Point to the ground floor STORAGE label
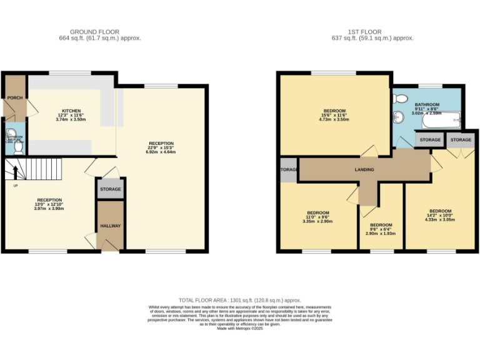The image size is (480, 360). click(x=111, y=189)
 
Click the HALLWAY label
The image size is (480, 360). click(x=111, y=226)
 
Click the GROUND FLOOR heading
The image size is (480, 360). click(x=94, y=32)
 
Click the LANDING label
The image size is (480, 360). click(x=364, y=169)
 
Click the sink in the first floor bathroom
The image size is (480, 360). click(x=398, y=117)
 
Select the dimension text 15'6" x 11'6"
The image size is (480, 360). click(x=334, y=115)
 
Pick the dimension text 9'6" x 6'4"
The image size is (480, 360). click(x=381, y=229)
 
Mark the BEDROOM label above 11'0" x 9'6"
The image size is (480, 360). click(x=317, y=212)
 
